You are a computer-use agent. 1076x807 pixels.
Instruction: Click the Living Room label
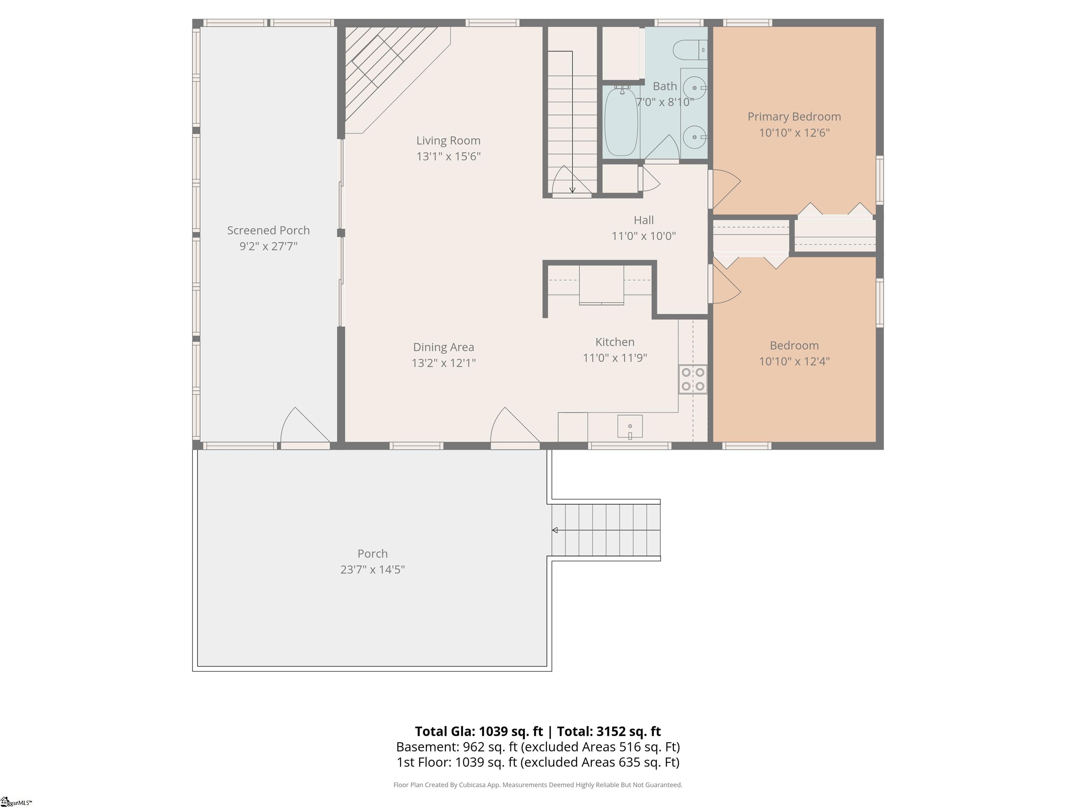pos(448,140)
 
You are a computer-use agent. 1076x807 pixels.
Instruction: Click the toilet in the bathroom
pos(690,50)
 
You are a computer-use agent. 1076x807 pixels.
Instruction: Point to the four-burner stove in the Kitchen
pos(693,379)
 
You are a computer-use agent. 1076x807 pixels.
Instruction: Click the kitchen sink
pos(630,427)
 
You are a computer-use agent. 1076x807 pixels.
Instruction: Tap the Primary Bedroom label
pos(794,117)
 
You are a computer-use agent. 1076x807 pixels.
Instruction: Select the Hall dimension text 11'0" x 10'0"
pos(643,236)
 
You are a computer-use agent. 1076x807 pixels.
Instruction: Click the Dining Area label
pos(443,347)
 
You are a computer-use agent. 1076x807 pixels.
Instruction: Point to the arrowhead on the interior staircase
pos(573,190)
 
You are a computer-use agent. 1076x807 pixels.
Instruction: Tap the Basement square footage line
pos(538,747)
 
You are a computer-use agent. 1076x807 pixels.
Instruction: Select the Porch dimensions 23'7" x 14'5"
pos(373,570)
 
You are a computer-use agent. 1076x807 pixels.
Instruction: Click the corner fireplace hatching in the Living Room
pos(384,73)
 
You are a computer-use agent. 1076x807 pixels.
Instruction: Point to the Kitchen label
pos(615,342)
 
